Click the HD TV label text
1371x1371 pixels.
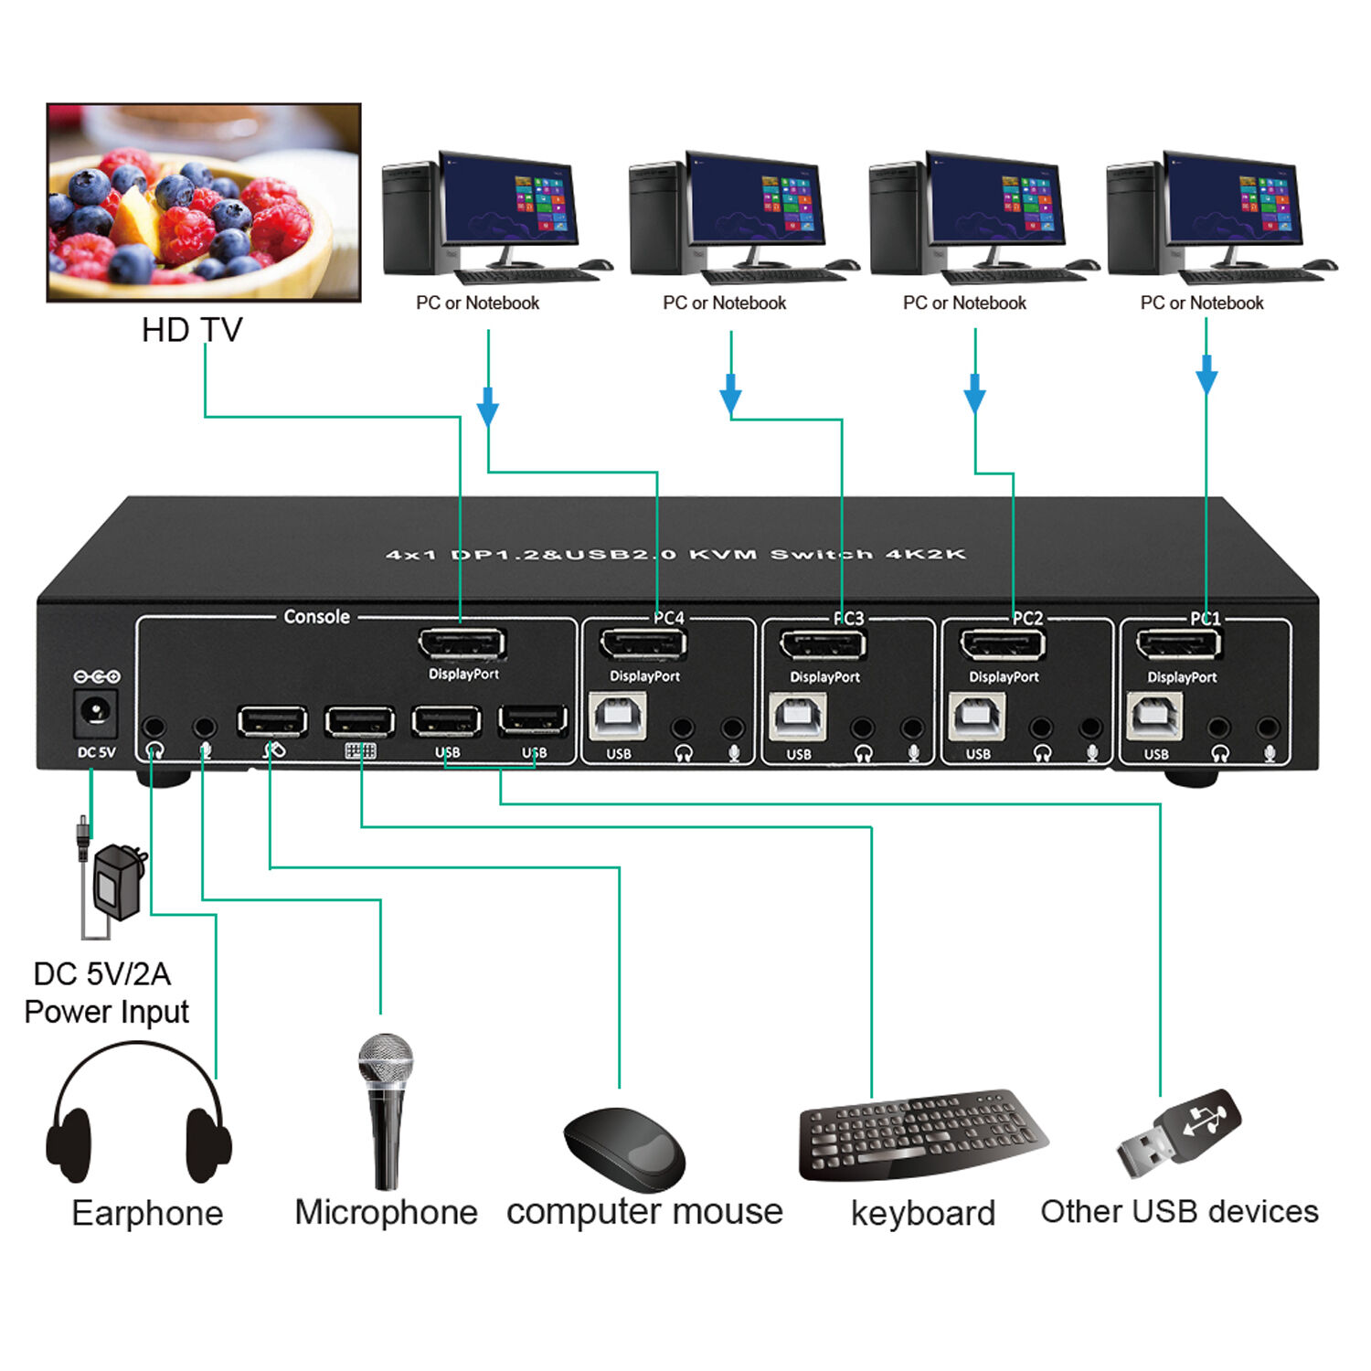[x=192, y=330]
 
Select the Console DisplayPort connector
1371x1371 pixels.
[x=462, y=644]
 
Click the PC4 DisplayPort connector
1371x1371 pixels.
[x=643, y=644]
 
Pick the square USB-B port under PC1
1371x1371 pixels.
[x=1155, y=717]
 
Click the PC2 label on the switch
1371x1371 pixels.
[x=1027, y=618]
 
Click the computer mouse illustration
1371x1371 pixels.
[x=625, y=1148]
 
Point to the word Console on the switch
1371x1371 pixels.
[x=316, y=617]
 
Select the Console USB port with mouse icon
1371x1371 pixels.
[x=271, y=722]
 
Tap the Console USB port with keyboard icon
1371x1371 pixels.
[x=359, y=722]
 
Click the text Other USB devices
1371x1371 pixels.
[x=1179, y=1211]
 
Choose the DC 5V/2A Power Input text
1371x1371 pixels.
[x=104, y=993]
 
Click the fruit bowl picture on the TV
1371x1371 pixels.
[x=204, y=203]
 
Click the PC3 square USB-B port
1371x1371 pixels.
[x=798, y=717]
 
